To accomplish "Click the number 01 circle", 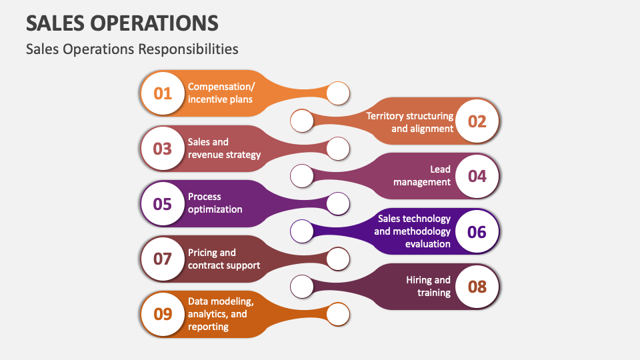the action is tap(163, 93).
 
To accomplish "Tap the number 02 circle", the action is tap(477, 121).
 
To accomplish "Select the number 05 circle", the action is tap(163, 204).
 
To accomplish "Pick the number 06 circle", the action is tap(477, 232).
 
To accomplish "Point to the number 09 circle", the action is tap(163, 314).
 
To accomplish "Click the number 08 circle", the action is tap(477, 287).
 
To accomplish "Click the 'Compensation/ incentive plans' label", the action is tap(221, 93).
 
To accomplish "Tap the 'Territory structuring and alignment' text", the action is tap(410, 122).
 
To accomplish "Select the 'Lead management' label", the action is tap(421, 175).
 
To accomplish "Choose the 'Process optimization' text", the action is tap(215, 203).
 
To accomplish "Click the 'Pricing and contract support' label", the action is tap(224, 259).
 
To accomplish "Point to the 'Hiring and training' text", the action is tap(428, 286).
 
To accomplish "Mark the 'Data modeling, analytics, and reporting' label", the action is tap(221, 314).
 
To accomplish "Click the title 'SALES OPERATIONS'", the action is tap(122, 23).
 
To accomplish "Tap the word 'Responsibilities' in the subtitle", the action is tap(188, 49).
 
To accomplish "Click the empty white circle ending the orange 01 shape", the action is tap(338, 93).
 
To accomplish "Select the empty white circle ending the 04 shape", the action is tap(302, 176).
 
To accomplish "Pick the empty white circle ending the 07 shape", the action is tap(338, 259).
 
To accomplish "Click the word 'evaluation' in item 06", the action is tap(428, 244).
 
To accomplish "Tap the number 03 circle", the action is tap(163, 149).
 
